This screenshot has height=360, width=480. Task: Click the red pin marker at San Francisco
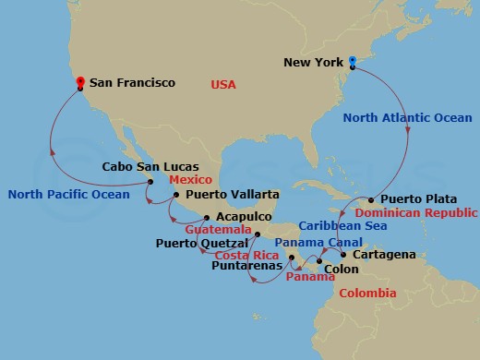pos(81,82)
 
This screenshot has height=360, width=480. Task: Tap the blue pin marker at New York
pos(352,63)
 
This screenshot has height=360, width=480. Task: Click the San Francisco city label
pos(131,82)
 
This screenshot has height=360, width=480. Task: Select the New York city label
pos(312,64)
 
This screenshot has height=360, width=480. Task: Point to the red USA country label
pos(223,84)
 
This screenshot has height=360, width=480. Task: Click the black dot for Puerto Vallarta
pos(176,196)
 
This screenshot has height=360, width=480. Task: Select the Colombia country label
pos(368,293)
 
